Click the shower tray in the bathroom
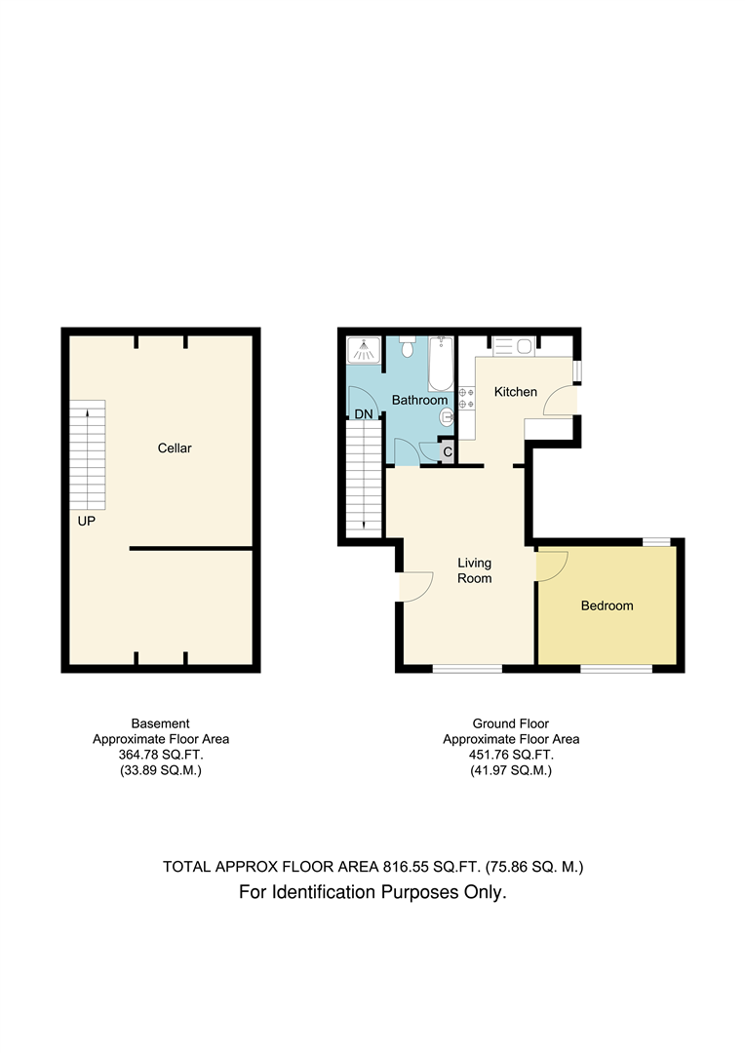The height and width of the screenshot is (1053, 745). pyautogui.click(x=364, y=349)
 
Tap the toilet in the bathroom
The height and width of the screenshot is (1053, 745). pyautogui.click(x=407, y=347)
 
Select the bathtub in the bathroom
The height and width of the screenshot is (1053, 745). pyautogui.click(x=441, y=364)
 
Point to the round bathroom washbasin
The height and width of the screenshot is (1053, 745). pyautogui.click(x=447, y=418)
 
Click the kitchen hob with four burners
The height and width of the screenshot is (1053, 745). pyautogui.click(x=467, y=398)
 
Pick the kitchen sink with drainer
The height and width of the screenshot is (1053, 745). pyautogui.click(x=513, y=346)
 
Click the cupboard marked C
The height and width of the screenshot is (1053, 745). pyautogui.click(x=448, y=452)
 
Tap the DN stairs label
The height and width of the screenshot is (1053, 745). pyautogui.click(x=364, y=414)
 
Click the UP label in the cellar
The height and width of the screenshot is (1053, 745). pyautogui.click(x=87, y=521)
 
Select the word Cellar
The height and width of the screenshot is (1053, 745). pyautogui.click(x=175, y=448)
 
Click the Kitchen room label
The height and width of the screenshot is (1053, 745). pyautogui.click(x=515, y=392)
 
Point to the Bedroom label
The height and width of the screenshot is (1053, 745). pyautogui.click(x=607, y=605)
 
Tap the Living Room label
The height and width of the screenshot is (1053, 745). pyautogui.click(x=474, y=570)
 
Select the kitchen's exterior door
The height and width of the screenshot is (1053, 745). pyautogui.click(x=560, y=401)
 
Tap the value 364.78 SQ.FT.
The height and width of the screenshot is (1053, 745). pyautogui.click(x=161, y=755)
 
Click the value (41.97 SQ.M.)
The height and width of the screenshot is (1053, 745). pyautogui.click(x=511, y=770)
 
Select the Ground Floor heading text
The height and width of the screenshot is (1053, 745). pyautogui.click(x=511, y=723)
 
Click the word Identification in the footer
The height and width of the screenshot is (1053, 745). pyautogui.click(x=323, y=892)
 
